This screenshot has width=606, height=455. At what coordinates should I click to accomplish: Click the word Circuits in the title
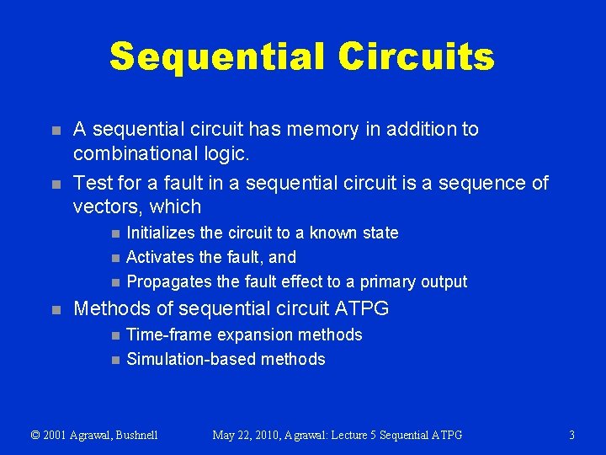416,57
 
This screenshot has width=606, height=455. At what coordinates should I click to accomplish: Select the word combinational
139,153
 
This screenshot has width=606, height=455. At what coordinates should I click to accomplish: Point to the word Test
92,183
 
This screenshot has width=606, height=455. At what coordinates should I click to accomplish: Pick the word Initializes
165,233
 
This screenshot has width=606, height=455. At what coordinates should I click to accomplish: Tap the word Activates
162,257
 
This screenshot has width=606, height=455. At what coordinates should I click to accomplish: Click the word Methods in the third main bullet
109,309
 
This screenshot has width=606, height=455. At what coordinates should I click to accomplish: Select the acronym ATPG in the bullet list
363,309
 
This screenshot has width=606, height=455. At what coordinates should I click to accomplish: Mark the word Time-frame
169,335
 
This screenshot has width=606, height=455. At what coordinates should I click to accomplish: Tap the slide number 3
571,436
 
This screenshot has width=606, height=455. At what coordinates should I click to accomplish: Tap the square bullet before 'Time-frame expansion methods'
114,335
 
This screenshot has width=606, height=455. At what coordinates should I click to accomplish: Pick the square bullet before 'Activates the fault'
114,258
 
